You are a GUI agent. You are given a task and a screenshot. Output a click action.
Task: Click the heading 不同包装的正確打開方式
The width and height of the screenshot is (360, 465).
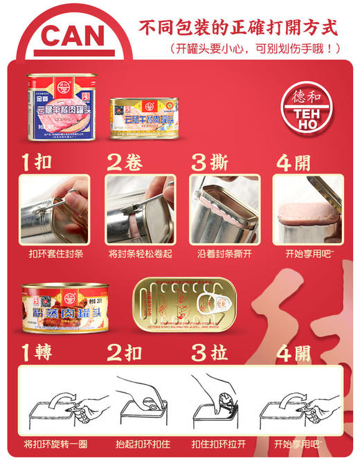click(238, 28)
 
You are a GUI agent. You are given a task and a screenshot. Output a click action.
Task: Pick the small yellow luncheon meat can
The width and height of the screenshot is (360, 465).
click(145, 118)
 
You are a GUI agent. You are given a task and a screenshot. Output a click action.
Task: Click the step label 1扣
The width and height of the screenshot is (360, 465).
click(36, 162)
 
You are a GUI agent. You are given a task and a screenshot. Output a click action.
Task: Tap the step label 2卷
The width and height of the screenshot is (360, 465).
click(125, 162)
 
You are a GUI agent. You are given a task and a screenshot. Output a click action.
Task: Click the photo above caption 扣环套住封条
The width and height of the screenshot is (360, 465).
click(54, 208)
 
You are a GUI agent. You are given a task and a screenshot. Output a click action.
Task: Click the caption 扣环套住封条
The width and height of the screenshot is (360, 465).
click(54, 254)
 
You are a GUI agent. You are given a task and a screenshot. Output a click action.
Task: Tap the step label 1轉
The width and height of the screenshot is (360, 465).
click(36, 353)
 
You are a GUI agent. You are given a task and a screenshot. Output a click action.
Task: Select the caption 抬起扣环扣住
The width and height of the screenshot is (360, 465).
click(141, 444)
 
